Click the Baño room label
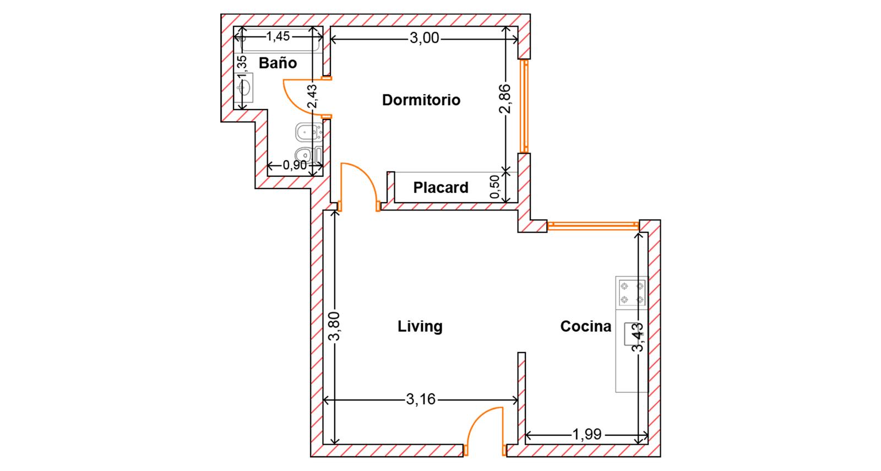278,63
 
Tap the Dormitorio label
421,100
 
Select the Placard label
441,187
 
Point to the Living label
420,326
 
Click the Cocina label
586,326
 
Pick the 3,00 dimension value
425,38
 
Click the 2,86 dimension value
504,99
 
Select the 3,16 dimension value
421,399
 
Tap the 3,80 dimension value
335,326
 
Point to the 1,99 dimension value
587,435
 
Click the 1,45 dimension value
278,36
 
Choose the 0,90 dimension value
295,165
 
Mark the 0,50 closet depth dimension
495,187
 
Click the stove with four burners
632,293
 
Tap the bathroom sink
244,88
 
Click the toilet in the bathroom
309,155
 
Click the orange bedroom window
524,106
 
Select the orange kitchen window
593,226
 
